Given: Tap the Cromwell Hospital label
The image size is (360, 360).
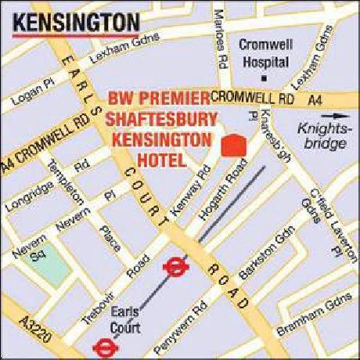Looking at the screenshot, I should point(266,52).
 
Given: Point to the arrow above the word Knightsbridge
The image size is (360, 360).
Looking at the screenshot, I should point(320,124).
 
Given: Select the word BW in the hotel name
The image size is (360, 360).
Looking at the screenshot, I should point(120,99).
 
